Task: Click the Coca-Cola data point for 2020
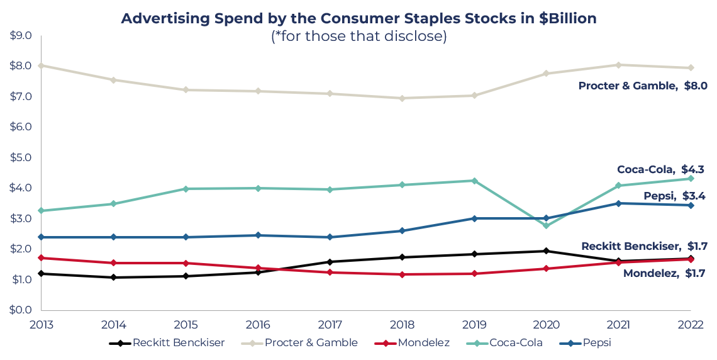point(546,225)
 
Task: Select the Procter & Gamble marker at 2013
point(41,65)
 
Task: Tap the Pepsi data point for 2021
point(618,203)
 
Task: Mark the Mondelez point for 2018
point(402,274)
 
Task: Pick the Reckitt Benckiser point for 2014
point(113,277)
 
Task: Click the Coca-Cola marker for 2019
point(474,181)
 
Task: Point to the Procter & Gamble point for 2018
point(402,98)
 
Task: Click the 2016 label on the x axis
point(257,325)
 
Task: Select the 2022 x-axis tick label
point(690,325)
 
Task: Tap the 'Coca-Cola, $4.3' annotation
point(660,169)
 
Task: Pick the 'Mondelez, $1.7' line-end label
point(664,273)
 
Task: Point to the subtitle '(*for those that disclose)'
point(358,37)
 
